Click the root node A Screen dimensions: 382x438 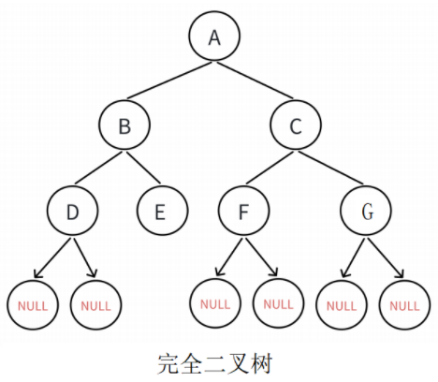click(x=213, y=37)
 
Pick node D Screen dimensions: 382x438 click(x=72, y=212)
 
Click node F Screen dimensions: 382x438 click(x=243, y=212)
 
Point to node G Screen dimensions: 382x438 click(x=365, y=212)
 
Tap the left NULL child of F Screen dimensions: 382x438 click(x=214, y=304)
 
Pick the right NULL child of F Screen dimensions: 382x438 click(x=278, y=304)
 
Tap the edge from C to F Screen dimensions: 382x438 click(x=270, y=169)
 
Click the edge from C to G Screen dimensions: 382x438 click(x=331, y=169)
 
